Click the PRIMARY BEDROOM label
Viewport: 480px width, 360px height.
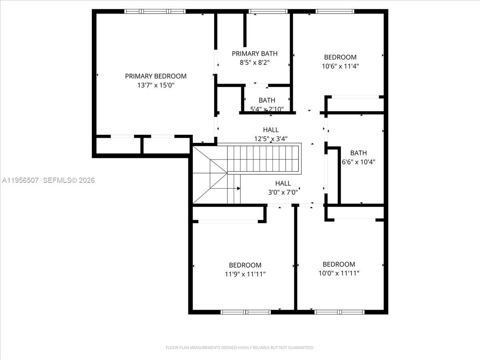pyautogui.click(x=156, y=76)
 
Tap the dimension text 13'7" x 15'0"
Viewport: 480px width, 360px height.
pyautogui.click(x=156, y=85)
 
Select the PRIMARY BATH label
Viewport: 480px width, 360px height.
pyautogui.click(x=254, y=54)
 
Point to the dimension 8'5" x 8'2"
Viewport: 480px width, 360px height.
pyautogui.click(x=254, y=63)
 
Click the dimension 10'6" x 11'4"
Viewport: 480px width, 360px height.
pyautogui.click(x=340, y=66)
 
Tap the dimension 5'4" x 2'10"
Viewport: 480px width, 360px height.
pyautogui.click(x=266, y=109)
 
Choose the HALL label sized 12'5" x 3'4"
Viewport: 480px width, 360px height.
pyautogui.click(x=271, y=130)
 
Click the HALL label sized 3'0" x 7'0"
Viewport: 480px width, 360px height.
pyautogui.click(x=283, y=183)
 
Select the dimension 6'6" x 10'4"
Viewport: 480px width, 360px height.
pyautogui.click(x=358, y=162)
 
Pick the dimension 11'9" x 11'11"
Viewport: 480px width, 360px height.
pyautogui.click(x=245, y=274)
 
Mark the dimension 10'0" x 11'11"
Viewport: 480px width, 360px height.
pyautogui.click(x=339, y=273)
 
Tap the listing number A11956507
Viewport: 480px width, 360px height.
pyautogui.click(x=20, y=180)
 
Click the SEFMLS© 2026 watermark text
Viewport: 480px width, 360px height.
pyautogui.click(x=69, y=180)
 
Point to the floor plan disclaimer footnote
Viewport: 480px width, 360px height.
pyautogui.click(x=240, y=348)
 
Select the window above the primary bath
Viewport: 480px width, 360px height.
pyautogui.click(x=268, y=12)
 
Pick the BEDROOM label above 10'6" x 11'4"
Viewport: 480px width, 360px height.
pyautogui.click(x=340, y=57)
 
